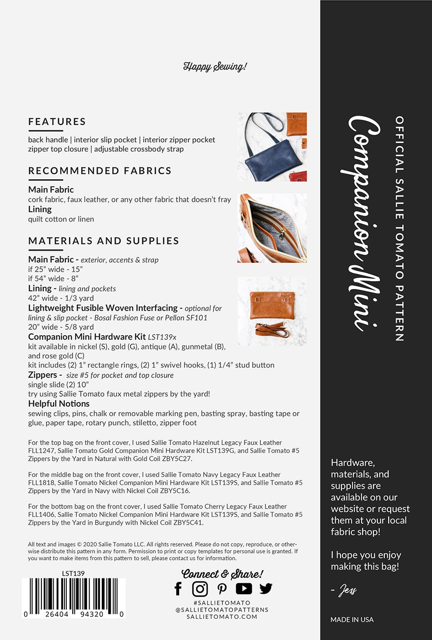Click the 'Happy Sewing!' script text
215,66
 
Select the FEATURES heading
57,122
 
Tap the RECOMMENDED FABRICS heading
100,171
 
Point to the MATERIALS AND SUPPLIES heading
103,241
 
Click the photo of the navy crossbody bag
272,147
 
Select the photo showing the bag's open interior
272,227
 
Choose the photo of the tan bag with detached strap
272,311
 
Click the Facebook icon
178,588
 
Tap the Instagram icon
200,588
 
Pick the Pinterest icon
222,589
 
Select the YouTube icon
244,588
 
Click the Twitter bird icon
266,588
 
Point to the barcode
73,597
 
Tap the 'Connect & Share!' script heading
222,574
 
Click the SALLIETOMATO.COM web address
222,616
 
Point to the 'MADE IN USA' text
352,619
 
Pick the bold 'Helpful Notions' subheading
59,404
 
